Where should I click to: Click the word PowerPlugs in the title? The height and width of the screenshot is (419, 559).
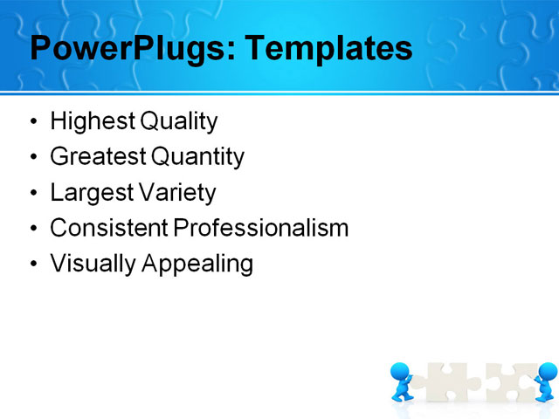[x=125, y=49]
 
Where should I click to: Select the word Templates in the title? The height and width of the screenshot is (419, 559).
[x=328, y=49]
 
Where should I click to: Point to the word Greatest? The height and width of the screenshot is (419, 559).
[x=98, y=157]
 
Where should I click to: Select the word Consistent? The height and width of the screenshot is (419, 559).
[x=109, y=228]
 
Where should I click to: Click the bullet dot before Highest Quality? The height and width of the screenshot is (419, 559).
[x=34, y=122]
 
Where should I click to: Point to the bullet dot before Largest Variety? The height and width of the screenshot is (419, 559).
[x=34, y=193]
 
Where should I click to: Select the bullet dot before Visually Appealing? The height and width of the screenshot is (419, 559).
[x=34, y=264]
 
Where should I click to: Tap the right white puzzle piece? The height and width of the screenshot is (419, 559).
[x=508, y=382]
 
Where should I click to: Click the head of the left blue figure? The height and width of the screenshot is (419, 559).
[x=401, y=372]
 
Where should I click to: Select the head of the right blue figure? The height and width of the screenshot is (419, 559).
[x=547, y=372]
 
